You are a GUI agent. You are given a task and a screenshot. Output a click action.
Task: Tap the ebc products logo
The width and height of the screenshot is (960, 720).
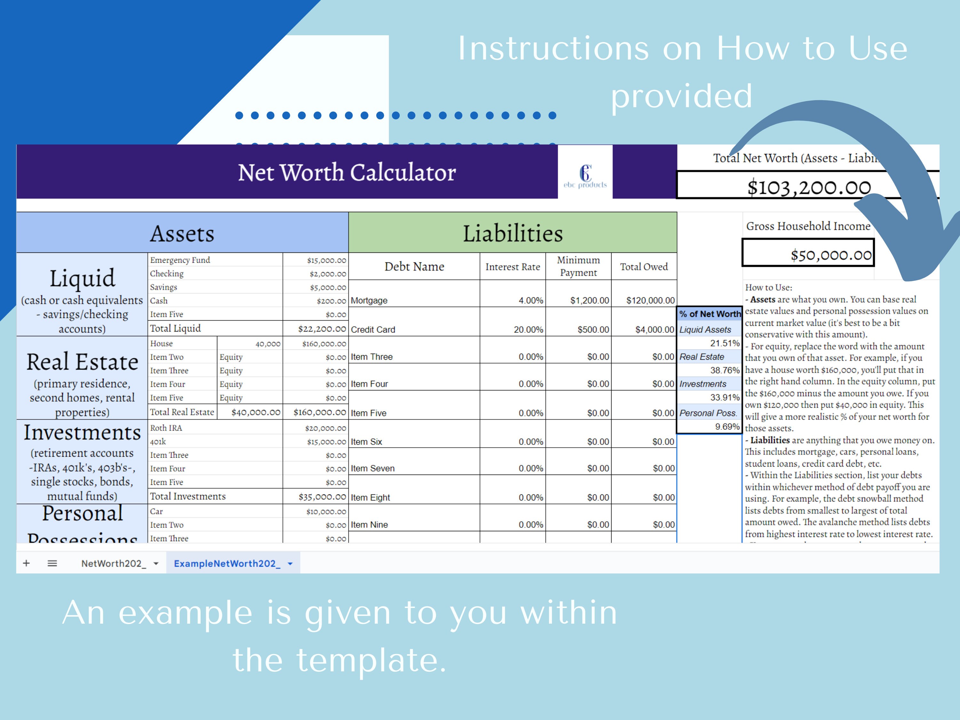pos(585,176)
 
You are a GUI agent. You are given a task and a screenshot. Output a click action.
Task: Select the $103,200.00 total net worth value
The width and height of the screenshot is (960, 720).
pos(809,188)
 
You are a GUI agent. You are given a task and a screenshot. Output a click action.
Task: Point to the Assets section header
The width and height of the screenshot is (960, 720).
pos(182,234)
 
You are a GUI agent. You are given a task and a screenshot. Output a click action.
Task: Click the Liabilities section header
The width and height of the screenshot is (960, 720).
pos(513,234)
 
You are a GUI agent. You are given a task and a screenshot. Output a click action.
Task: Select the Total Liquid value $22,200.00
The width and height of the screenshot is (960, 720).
pos(322,329)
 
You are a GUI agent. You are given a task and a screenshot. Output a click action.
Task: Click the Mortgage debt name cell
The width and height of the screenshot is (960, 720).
pos(369,300)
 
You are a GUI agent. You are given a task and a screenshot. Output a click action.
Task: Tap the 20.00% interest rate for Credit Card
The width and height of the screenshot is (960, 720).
pos(528,329)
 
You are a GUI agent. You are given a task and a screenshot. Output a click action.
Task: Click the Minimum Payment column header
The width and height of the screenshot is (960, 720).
pos(578,266)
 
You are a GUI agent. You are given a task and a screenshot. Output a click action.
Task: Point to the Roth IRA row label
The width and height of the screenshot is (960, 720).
pos(166,428)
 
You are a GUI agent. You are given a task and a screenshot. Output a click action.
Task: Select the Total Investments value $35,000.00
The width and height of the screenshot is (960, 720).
pos(322,497)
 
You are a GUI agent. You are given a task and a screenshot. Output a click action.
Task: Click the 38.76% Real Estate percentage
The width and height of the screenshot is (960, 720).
pos(724,370)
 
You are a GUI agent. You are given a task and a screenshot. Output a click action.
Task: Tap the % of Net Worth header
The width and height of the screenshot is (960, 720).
pos(709,314)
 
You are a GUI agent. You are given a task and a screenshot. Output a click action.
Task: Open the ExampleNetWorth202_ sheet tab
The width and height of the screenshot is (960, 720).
pos(227,563)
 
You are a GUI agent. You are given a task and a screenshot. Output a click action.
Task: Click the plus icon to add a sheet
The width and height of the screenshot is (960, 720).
pos(27,563)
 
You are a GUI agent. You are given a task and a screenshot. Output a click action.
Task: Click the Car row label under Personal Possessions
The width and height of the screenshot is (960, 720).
pos(157,512)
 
